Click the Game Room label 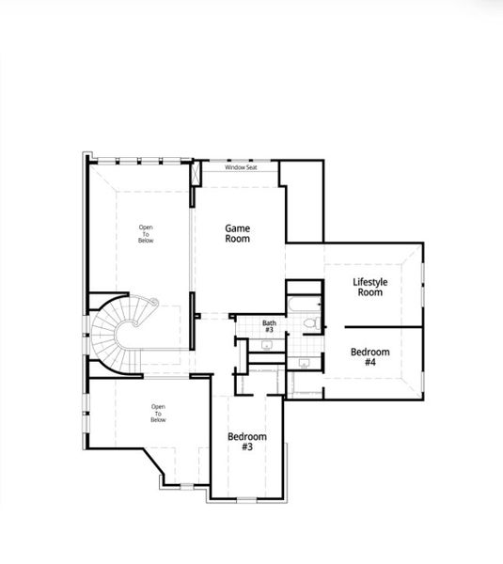click(x=238, y=232)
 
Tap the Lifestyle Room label click(x=369, y=287)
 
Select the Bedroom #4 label click(x=369, y=356)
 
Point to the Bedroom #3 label click(x=247, y=442)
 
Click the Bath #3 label click(x=269, y=326)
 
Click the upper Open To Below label click(x=146, y=234)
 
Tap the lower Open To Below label click(x=158, y=413)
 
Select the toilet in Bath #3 click(x=309, y=324)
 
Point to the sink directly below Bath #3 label click(x=267, y=345)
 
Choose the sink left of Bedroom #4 click(x=304, y=361)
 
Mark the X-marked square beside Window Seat click(x=196, y=174)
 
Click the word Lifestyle click(x=369, y=281)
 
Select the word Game click(x=238, y=227)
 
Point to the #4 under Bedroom click(x=369, y=363)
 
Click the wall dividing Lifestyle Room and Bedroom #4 click(x=383, y=326)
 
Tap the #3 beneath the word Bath click(x=269, y=330)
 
